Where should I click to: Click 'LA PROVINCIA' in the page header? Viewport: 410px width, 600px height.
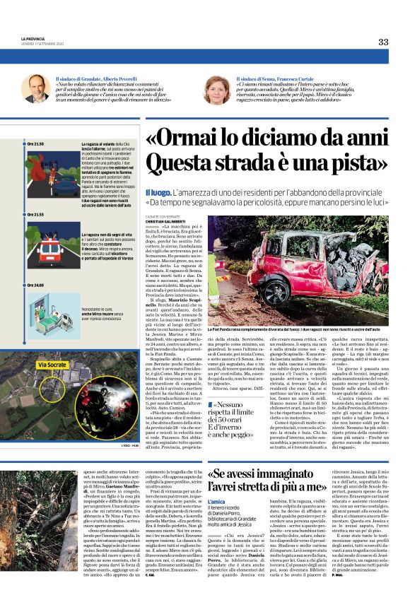33,39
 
